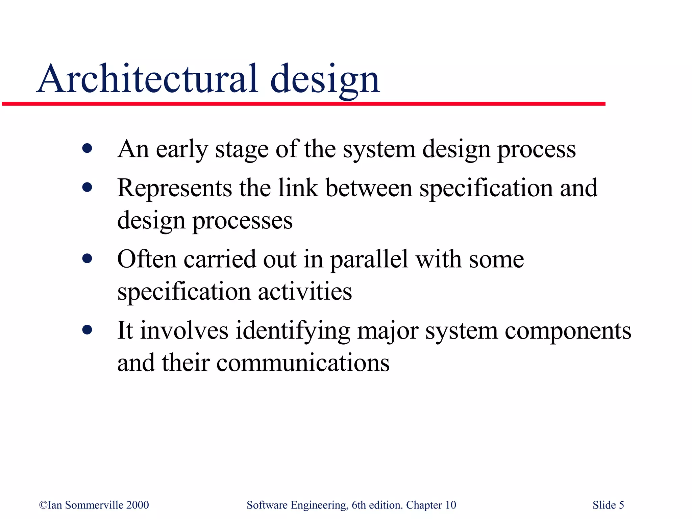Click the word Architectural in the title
click(x=147, y=79)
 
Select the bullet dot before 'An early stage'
click(x=87, y=148)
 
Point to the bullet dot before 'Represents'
click(x=87, y=187)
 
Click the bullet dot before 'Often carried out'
click(x=87, y=259)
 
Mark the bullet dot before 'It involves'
click(x=87, y=330)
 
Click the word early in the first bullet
click(x=181, y=149)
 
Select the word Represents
click(x=174, y=189)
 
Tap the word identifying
click(x=293, y=331)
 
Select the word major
click(x=388, y=331)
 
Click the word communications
click(x=303, y=363)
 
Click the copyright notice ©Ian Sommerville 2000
click(x=94, y=505)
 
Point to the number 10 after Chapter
click(x=450, y=505)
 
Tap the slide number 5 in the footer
click(x=621, y=505)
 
